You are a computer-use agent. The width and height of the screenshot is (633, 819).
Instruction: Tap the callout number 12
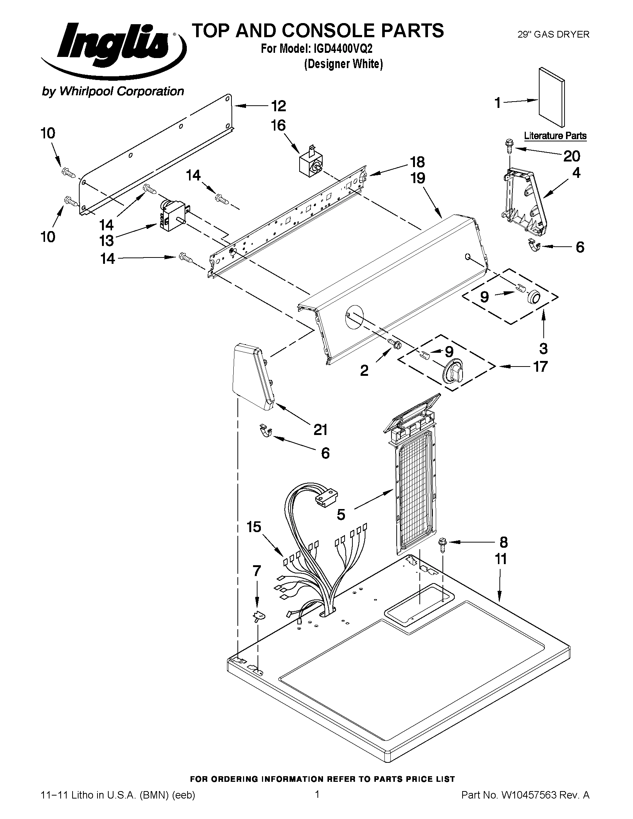(x=278, y=106)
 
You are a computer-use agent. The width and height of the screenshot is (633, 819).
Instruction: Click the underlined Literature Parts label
(x=555, y=135)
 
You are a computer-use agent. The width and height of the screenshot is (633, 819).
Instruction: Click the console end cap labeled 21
(x=253, y=379)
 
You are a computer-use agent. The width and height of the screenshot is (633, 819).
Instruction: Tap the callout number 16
(x=278, y=125)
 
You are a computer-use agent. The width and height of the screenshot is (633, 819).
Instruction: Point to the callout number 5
(x=341, y=514)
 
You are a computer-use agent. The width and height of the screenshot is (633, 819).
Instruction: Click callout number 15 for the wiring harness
(x=254, y=527)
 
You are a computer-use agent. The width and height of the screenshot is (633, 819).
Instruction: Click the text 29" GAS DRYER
(x=553, y=35)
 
